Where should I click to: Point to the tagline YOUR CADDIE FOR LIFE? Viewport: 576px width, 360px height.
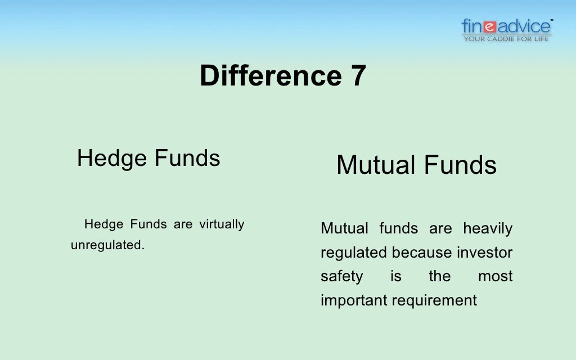pyautogui.click(x=506, y=39)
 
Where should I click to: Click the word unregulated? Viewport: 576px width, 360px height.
pyautogui.click(x=107, y=245)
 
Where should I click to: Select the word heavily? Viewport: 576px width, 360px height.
pyautogui.click(x=488, y=229)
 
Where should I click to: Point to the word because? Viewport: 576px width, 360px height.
pyautogui.click(x=422, y=253)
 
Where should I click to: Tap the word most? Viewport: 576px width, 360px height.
pyautogui.click(x=496, y=277)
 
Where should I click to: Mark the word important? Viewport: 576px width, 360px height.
pyautogui.click(x=354, y=301)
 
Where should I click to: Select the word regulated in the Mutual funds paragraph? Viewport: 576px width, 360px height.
pyautogui.click(x=354, y=253)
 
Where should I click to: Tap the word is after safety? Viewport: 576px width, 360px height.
pyautogui.click(x=396, y=277)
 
